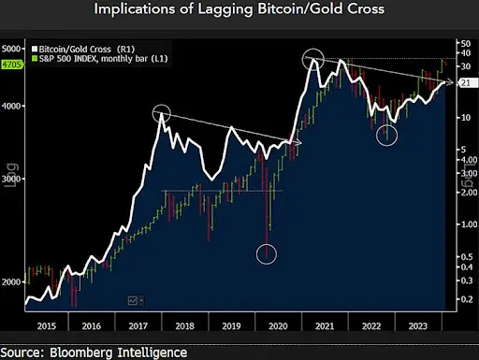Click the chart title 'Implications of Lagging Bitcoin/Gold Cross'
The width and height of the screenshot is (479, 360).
(x=239, y=12)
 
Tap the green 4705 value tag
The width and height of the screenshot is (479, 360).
(x=11, y=65)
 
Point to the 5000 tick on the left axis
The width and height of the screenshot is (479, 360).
(x=11, y=47)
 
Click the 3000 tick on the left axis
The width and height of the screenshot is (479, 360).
(x=11, y=178)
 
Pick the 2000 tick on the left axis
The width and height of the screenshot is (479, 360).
(x=11, y=281)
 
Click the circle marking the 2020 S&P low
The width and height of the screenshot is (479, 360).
(x=268, y=253)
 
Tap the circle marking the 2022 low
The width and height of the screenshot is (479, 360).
(x=387, y=135)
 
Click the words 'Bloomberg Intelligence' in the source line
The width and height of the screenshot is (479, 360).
(x=125, y=352)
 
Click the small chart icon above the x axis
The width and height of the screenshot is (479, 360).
(x=133, y=300)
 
